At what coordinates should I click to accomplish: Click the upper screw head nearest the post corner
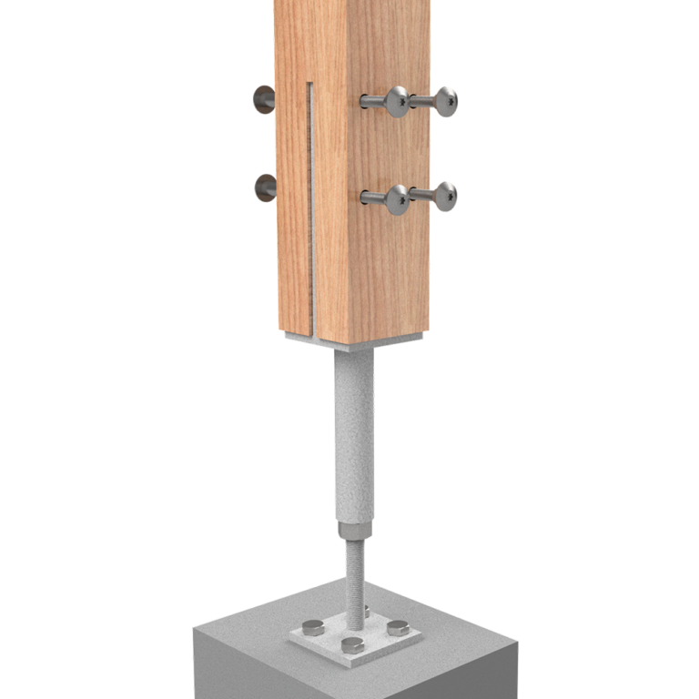[396, 101]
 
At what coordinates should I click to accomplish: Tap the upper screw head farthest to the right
[444, 101]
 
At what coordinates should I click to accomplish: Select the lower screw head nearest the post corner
[396, 198]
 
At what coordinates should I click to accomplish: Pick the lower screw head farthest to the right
[444, 196]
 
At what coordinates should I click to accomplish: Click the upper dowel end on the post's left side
[264, 99]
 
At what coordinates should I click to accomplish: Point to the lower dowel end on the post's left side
[265, 187]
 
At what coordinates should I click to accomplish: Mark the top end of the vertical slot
[310, 86]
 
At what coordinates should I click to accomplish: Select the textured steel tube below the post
[354, 437]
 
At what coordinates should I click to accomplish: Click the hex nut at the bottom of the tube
[354, 530]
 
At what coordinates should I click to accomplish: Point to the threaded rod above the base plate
[355, 573]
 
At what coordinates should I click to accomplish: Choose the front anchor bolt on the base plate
[350, 645]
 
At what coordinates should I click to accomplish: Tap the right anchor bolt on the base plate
[398, 627]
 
